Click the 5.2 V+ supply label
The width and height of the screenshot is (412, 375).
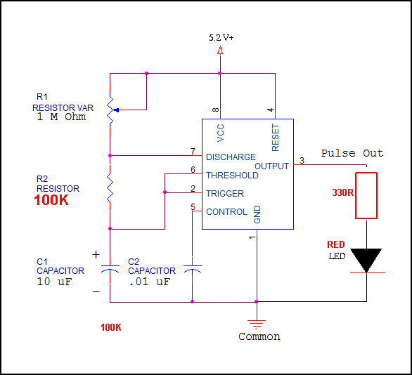pos(221,38)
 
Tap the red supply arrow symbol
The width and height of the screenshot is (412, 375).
pos(220,50)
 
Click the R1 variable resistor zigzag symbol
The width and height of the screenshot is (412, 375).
pos(111,110)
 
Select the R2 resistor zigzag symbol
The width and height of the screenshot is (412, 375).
pos(110,187)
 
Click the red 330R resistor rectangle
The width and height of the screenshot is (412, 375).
pos(366,195)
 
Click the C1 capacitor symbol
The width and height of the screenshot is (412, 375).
pos(110,268)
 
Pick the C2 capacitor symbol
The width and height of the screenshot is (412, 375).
pos(193,269)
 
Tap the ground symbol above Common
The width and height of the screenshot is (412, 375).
pos(257,324)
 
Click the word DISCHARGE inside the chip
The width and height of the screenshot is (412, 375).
pos(231,157)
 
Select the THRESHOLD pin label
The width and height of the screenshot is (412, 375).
pos(232,175)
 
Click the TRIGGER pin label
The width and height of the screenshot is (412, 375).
pos(225,193)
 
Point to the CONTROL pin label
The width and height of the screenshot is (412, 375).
pos(226,211)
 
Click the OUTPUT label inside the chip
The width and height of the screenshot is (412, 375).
pos(271,166)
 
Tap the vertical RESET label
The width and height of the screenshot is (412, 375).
pos(275,138)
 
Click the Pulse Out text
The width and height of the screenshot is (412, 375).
pos(352,153)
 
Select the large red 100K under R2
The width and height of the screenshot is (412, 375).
pos(51,200)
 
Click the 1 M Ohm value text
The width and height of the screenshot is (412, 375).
pos(61,117)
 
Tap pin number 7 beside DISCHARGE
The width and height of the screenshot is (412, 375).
pos(193,152)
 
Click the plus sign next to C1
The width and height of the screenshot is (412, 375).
pos(96,254)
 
